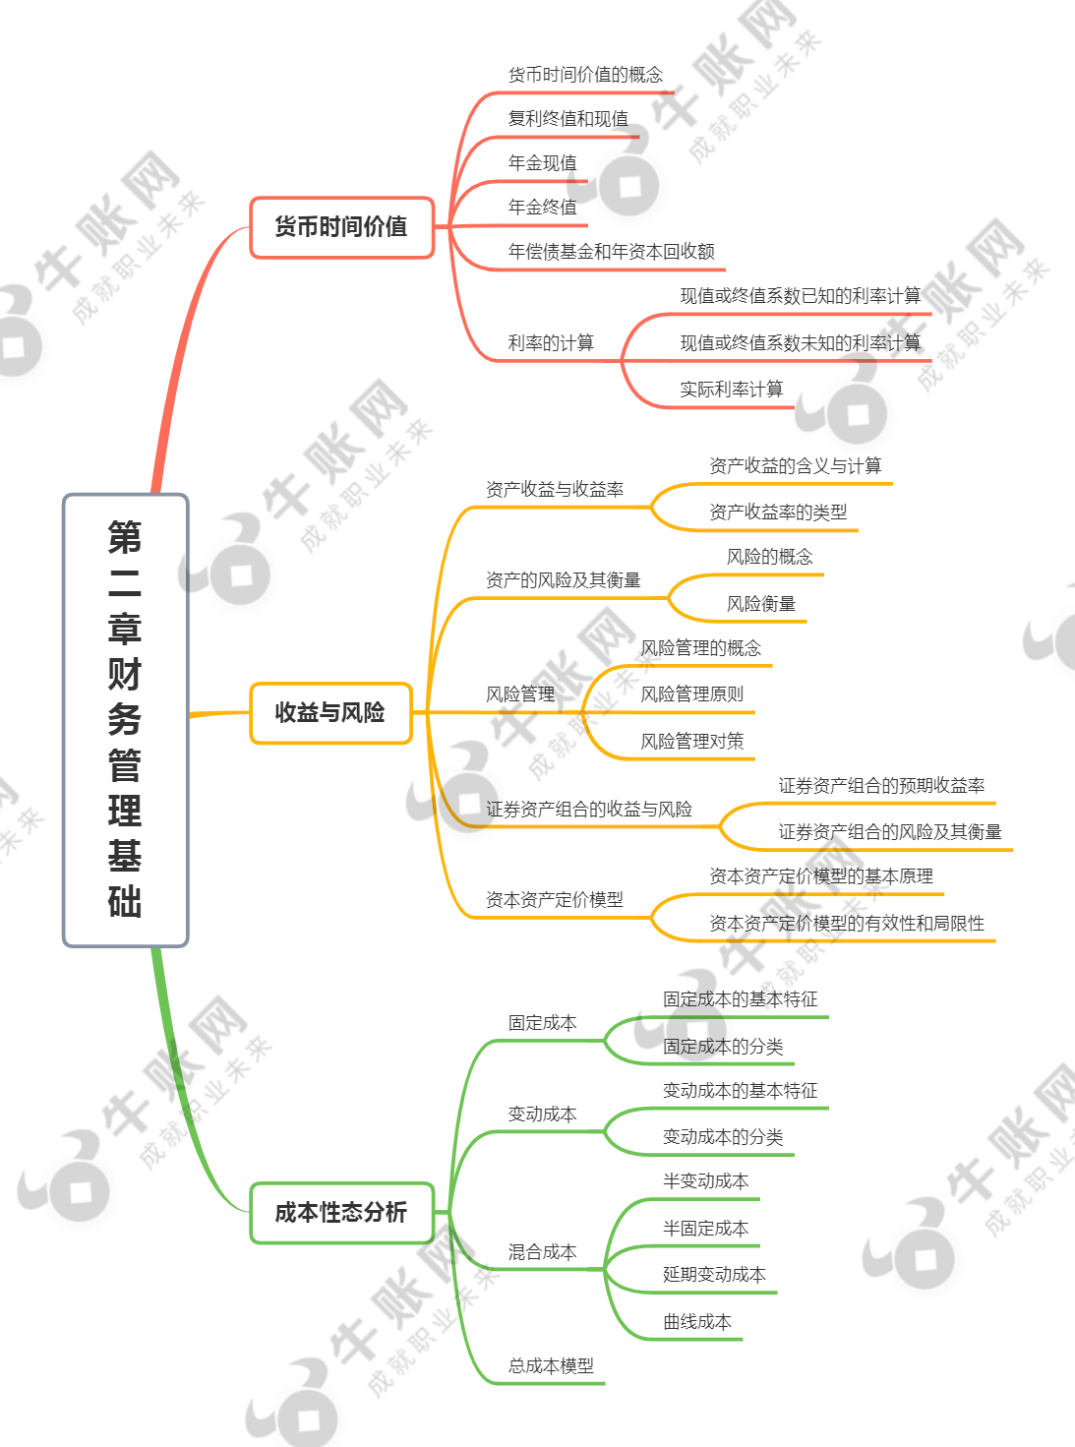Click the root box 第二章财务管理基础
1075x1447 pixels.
tap(125, 720)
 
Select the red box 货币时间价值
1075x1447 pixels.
tap(342, 227)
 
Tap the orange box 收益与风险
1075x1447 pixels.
tap(330, 712)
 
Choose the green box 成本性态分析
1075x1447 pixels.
tap(342, 1212)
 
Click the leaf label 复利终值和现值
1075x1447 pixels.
tap(568, 119)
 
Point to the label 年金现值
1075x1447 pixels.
tap(543, 162)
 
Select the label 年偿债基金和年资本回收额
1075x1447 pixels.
tap(611, 251)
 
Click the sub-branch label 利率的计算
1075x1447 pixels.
tap(551, 342)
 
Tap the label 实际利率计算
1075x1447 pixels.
tap(732, 390)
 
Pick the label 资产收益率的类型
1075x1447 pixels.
tap(778, 512)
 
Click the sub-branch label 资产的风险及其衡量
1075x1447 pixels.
tap(564, 580)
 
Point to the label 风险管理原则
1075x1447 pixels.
tap(692, 694)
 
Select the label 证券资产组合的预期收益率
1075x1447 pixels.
tap(881, 786)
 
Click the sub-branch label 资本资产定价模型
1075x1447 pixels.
tap(555, 900)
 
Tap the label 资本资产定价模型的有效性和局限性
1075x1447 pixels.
tap(847, 923)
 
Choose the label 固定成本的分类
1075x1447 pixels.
tap(723, 1047)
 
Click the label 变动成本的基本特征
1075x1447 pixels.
tap(741, 1091)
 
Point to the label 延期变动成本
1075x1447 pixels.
tap(714, 1275)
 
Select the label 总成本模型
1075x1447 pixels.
tap(551, 1365)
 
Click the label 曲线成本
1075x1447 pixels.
tap(697, 1322)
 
